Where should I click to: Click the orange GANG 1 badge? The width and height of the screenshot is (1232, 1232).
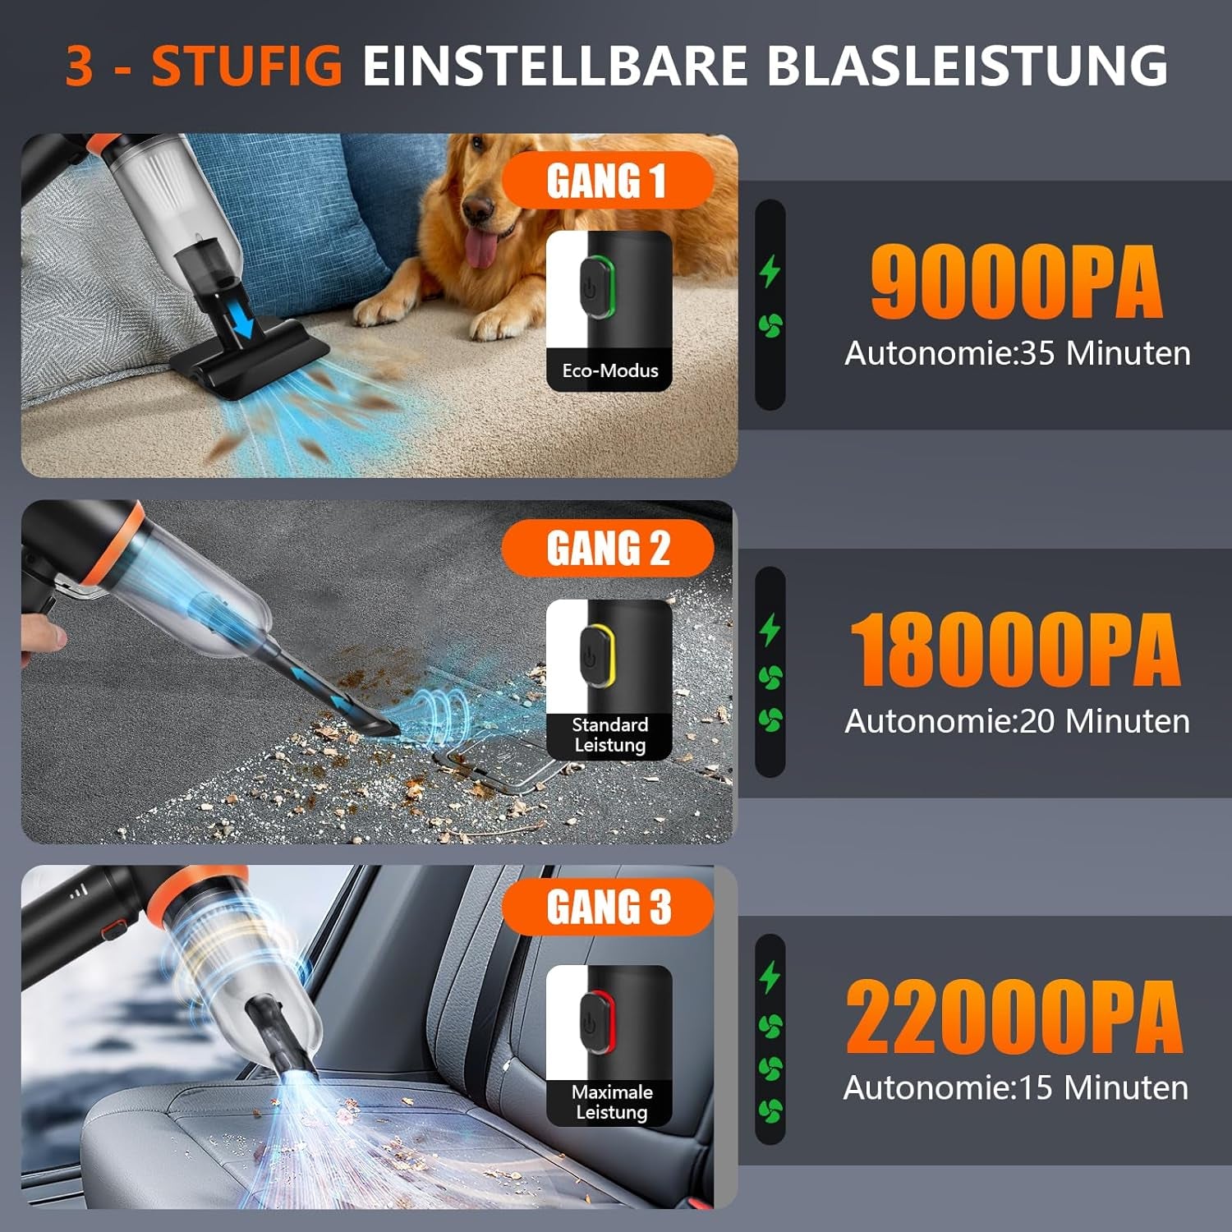[607, 181]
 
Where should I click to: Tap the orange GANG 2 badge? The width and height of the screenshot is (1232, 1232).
[608, 548]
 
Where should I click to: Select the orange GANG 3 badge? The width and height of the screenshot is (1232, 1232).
[608, 907]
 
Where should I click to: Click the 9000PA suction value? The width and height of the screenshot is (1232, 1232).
[1017, 283]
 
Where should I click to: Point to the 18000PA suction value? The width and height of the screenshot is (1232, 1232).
[1015, 650]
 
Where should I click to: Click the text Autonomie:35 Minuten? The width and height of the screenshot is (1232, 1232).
[1018, 353]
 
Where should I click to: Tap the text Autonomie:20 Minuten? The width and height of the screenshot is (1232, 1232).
[1017, 721]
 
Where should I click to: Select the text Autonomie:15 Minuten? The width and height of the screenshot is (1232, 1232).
[1016, 1087]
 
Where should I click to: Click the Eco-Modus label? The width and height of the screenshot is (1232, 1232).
[610, 370]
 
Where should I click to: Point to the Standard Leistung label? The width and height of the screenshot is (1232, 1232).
[610, 735]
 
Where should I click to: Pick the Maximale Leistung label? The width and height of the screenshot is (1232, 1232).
[612, 1102]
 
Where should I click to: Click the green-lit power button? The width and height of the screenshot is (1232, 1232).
[596, 287]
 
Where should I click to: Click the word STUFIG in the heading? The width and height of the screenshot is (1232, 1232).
[246, 65]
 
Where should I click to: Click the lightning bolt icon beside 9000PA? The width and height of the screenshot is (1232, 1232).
[770, 271]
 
